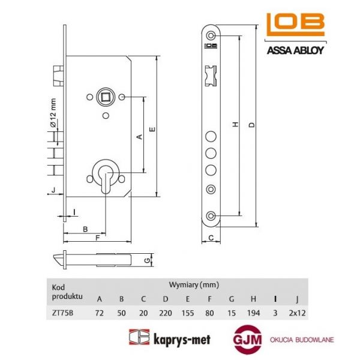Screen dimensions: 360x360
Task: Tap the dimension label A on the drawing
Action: point(139,137)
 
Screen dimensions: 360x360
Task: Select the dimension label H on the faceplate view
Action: point(236,124)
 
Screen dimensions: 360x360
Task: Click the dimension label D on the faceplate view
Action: point(252,124)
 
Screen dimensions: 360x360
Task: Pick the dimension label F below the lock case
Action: point(97,238)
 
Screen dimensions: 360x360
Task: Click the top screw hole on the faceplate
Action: point(211,36)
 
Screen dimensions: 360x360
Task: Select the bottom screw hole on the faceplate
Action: point(211,215)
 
